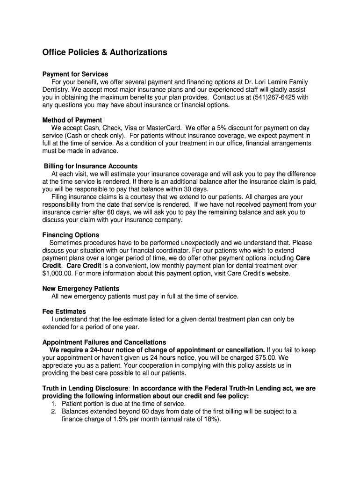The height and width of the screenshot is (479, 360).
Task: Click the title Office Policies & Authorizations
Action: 105,52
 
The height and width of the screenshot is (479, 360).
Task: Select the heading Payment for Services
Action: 75,74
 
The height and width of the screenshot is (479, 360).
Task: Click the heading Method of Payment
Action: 72,120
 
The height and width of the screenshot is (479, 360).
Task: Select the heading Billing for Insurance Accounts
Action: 91,166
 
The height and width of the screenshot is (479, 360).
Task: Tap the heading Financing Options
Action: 71,235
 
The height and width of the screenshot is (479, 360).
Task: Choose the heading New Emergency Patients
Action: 81,289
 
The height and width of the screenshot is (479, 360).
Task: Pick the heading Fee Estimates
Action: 64,312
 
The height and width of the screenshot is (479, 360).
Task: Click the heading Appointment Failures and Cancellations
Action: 104,342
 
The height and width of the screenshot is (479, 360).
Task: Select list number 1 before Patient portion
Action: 54,404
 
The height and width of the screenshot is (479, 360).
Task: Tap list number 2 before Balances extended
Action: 54,412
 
